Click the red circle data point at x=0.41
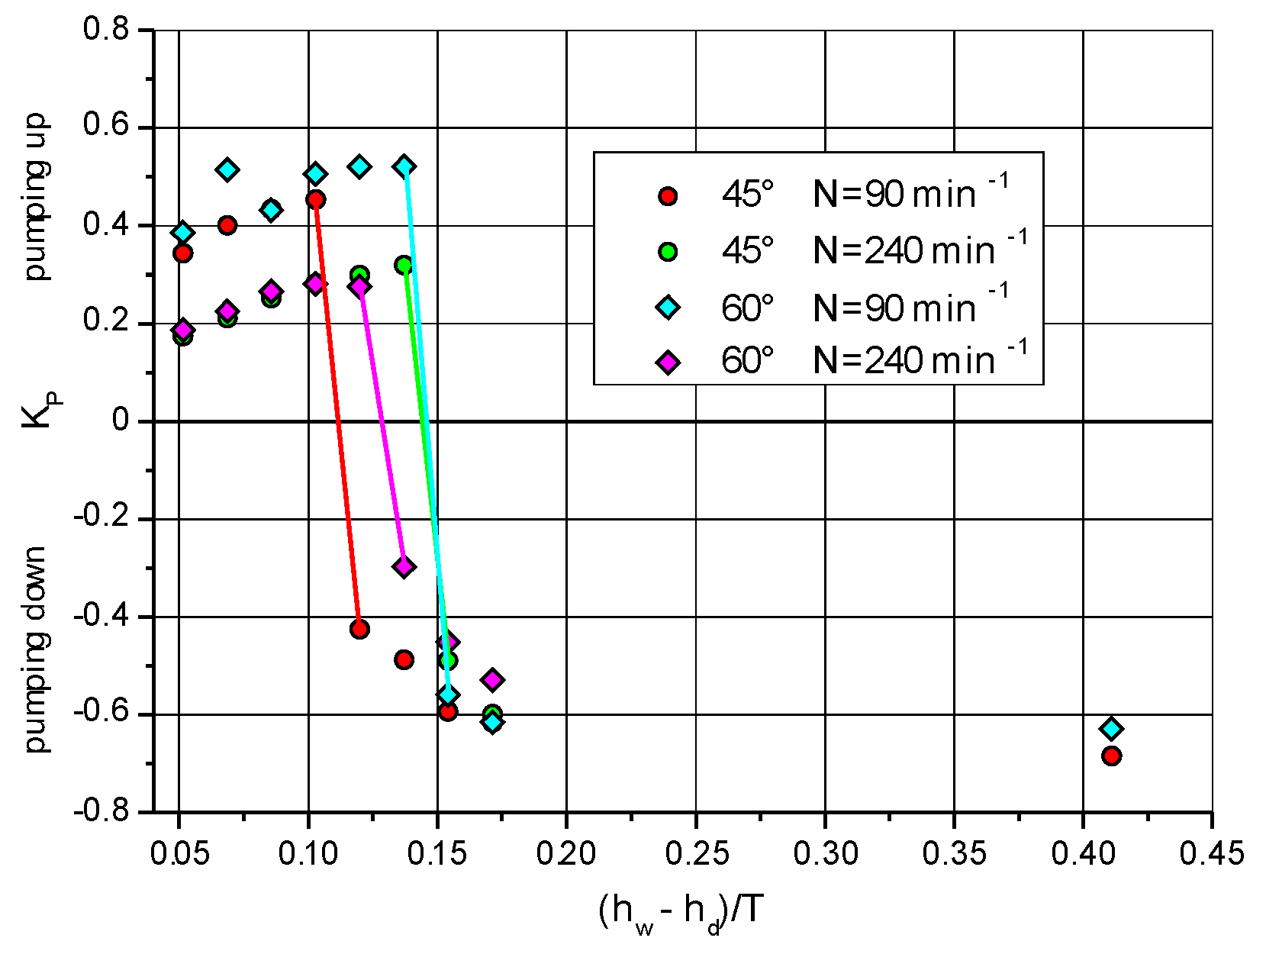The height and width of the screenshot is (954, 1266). [1111, 756]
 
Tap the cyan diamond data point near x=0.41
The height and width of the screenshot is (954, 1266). [1111, 728]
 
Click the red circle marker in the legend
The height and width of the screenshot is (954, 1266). [668, 196]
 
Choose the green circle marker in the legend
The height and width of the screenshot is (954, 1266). [668, 251]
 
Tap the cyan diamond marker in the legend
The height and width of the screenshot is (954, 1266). [668, 307]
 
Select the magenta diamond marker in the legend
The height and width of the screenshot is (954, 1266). [668, 362]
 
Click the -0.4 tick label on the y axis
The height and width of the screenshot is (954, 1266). [101, 617]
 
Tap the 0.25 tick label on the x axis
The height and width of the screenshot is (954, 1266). [696, 853]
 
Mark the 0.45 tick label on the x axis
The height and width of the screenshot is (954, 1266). [1211, 853]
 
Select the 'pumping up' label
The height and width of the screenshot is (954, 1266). [36, 198]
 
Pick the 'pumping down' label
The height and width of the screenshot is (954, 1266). [36, 649]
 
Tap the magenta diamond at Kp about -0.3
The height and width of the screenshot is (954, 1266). [404, 566]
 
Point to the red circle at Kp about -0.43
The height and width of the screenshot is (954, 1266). [359, 629]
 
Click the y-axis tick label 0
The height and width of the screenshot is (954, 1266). [121, 421]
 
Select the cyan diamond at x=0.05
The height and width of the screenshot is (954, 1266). [182, 233]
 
